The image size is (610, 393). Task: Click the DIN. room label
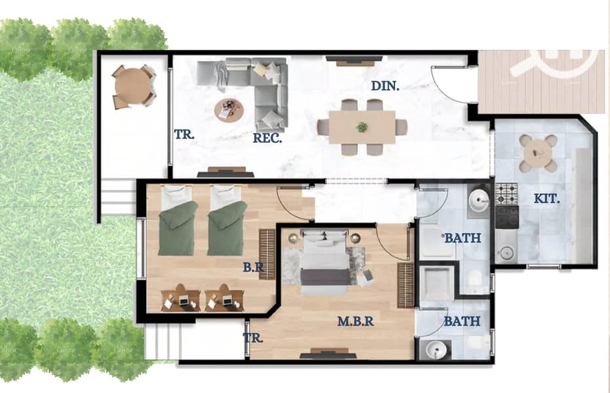tap(385, 86)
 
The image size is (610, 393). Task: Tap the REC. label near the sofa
tap(267, 138)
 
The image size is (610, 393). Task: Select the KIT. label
tap(546, 198)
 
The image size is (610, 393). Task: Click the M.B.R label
tap(355, 321)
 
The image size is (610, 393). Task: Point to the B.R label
tap(254, 267)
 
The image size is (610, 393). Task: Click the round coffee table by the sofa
tap(229, 110)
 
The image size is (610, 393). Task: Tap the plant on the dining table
tap(362, 126)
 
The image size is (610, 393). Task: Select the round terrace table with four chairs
tap(133, 86)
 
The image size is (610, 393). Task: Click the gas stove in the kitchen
tap(506, 194)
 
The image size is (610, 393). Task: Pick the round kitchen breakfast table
tap(539, 153)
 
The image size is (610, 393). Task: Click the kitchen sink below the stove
tap(506, 253)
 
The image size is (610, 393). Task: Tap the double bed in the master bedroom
tap(324, 263)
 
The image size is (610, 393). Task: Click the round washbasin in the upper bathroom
tap(478, 201)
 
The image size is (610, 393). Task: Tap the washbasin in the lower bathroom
tap(436, 350)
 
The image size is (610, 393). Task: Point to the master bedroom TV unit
tap(328, 354)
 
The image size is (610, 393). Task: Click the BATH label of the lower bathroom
tap(462, 321)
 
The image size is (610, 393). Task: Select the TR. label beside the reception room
tap(184, 134)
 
